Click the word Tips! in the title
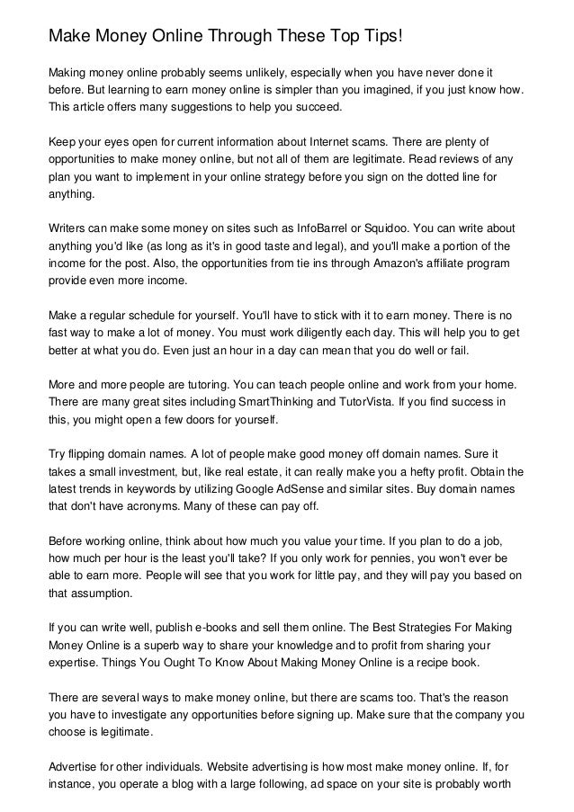367,37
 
